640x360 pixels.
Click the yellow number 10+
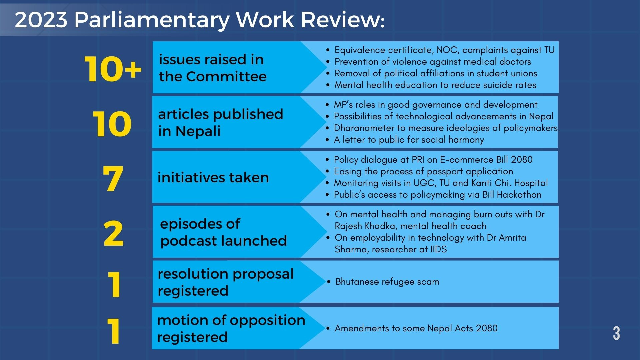[113, 69]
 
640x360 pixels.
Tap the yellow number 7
[113, 179]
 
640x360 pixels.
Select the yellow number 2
[113, 234]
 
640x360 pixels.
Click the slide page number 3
[616, 333]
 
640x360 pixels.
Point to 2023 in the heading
[41, 20]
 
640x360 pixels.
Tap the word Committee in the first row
[226, 77]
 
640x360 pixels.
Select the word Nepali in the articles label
[198, 131]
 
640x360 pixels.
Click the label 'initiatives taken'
[213, 177]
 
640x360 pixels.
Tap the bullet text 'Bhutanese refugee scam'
[387, 282]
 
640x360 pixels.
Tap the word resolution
[193, 274]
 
